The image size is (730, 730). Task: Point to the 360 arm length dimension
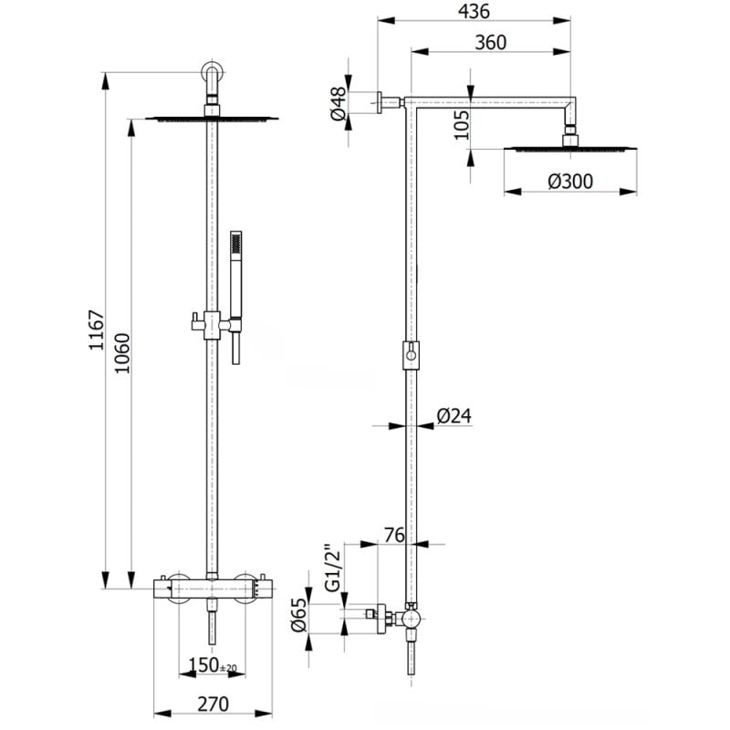(x=490, y=42)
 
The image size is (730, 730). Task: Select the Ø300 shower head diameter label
(x=570, y=182)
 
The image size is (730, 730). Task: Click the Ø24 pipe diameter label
(x=454, y=416)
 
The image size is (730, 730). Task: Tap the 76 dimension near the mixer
(x=394, y=536)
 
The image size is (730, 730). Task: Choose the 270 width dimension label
(x=213, y=704)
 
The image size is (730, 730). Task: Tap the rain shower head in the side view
(x=570, y=147)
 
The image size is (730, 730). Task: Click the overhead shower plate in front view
(x=212, y=117)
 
